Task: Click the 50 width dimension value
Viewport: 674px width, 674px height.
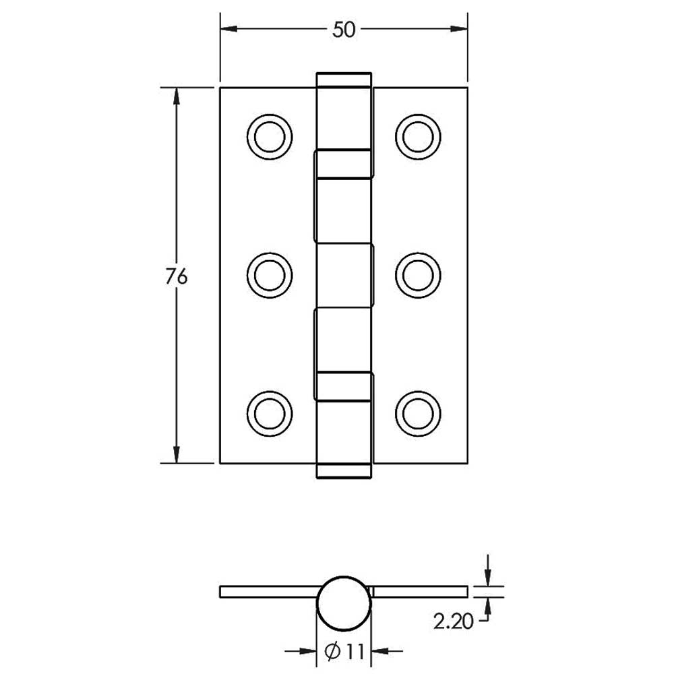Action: [x=343, y=30]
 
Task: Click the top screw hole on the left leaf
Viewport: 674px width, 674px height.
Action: [x=270, y=137]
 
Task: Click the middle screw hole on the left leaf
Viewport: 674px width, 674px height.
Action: [x=270, y=274]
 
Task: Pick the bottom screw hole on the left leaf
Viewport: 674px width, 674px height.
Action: [x=270, y=411]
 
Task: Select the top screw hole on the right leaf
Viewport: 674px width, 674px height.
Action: [x=418, y=137]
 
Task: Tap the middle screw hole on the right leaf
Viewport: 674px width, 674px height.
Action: [x=418, y=274]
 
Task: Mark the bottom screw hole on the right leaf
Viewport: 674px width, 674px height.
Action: [x=418, y=411]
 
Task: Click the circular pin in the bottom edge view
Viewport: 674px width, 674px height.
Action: [x=344, y=602]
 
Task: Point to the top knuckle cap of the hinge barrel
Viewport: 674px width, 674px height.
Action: [x=344, y=80]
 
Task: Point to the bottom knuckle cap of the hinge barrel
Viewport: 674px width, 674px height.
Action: [x=344, y=470]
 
